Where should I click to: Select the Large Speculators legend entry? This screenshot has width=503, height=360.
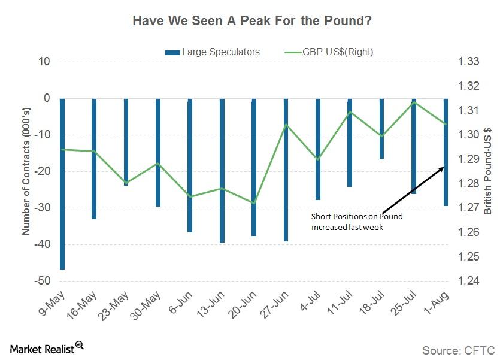click(213, 52)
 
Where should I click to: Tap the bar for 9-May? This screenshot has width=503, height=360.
click(62, 183)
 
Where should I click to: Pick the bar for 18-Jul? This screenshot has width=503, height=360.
click(381, 128)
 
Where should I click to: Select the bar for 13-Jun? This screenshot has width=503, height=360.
click(222, 170)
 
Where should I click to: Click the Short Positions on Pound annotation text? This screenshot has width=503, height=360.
click(357, 222)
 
